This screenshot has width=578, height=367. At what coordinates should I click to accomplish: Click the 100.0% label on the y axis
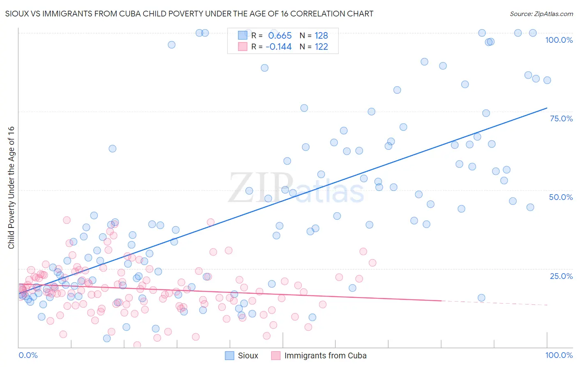click(559, 40)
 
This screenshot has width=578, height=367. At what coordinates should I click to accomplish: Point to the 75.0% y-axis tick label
click(561, 118)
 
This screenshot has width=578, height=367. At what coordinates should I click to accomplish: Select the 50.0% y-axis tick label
click(561, 197)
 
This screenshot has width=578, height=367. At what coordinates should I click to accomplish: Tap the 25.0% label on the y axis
click(561, 276)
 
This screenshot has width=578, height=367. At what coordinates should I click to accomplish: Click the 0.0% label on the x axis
click(28, 355)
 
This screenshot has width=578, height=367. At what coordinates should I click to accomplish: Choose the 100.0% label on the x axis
click(559, 355)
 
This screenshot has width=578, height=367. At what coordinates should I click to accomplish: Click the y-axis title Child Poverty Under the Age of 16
click(11, 187)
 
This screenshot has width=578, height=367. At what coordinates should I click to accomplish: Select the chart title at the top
click(189, 14)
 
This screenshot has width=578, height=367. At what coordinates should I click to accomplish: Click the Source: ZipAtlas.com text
click(541, 14)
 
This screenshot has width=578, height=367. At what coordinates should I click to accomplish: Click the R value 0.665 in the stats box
click(280, 35)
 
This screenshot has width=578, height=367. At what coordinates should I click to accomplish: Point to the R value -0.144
click(278, 46)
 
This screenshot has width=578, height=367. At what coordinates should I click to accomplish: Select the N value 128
click(321, 35)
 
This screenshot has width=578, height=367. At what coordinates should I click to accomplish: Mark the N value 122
click(321, 46)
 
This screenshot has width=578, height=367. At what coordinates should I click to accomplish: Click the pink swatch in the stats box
click(243, 46)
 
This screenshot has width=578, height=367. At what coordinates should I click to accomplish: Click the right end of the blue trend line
click(547, 108)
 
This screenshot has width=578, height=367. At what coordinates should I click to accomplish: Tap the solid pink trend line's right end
click(441, 301)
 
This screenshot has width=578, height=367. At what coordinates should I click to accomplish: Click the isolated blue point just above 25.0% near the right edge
click(481, 298)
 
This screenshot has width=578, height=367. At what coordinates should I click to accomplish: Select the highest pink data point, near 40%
click(67, 220)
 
